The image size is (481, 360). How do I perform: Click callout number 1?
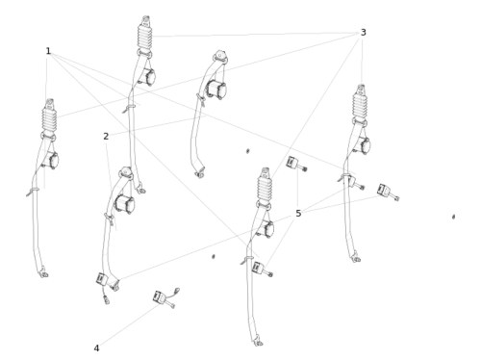(48, 51)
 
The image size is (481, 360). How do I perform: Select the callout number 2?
(106, 137)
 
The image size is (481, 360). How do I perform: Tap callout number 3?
(363, 33)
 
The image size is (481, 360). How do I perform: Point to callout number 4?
(96, 348)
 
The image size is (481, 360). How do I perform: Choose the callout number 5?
(298, 214)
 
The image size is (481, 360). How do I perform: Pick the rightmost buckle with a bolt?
(388, 193)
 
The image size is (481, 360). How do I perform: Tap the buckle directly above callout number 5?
(296, 164)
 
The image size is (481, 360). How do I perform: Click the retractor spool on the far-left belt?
(51, 160)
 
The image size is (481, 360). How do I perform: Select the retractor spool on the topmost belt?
(148, 77)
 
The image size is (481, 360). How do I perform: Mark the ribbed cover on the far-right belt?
(360, 104)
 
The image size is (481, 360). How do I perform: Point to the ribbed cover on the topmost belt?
(145, 36)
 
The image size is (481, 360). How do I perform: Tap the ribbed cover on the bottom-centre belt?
(265, 188)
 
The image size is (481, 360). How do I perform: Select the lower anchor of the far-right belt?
(356, 258)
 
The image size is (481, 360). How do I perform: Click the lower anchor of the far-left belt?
(43, 273)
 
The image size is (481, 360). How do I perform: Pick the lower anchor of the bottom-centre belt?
(258, 342)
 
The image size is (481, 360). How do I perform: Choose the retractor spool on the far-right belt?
(363, 145)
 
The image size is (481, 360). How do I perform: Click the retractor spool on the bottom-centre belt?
(266, 229)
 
